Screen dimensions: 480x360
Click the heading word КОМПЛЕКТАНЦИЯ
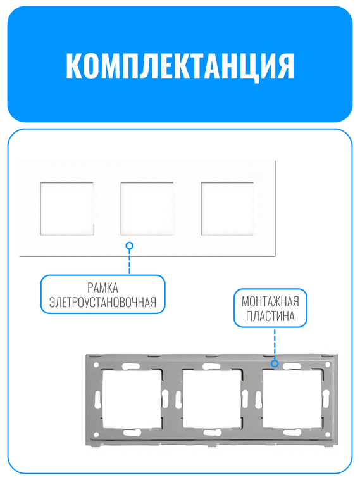pyautogui.click(x=180, y=65)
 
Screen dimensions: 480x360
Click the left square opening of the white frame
pyautogui.click(x=66, y=208)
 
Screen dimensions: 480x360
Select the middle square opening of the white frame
pyautogui.click(x=147, y=208)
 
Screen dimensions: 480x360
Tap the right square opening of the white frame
pyautogui.click(x=227, y=208)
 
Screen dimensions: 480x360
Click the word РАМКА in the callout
pyautogui.click(x=103, y=288)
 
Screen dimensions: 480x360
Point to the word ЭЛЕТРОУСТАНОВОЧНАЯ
pyautogui.click(x=103, y=302)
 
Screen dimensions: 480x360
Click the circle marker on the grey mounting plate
pyautogui.click(x=275, y=363)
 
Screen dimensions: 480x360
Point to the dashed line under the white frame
pyautogui.click(x=130, y=261)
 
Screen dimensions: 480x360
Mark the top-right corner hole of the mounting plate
pyautogui.click(x=327, y=365)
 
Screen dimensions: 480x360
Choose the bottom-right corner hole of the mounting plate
pyautogui.click(x=327, y=435)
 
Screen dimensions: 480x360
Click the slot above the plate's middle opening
pyautogui.click(x=212, y=366)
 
